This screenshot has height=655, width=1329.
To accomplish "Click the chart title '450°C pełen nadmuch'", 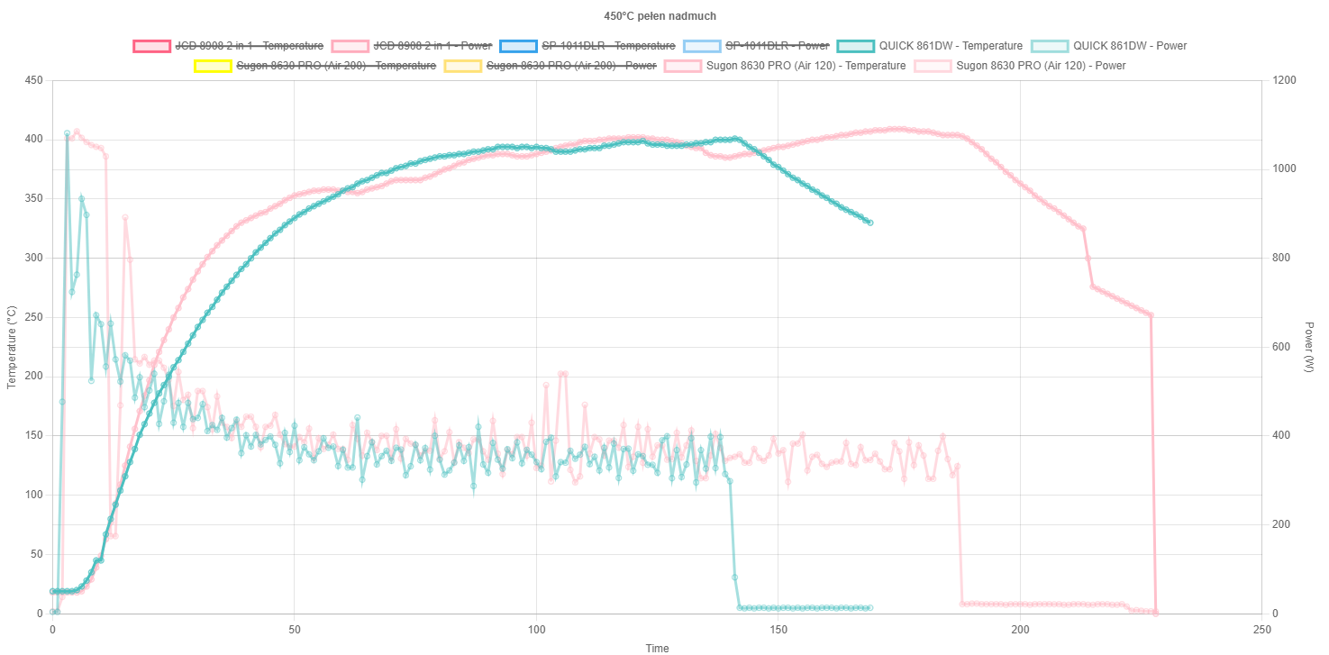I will coord(661,16).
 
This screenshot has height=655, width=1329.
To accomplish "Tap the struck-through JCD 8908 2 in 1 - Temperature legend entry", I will coord(247,46).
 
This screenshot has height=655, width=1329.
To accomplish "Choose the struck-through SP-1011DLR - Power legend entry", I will coord(776,46).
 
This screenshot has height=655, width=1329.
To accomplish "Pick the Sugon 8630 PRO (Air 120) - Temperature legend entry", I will coord(806,66).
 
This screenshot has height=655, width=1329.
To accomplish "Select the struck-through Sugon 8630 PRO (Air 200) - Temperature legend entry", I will coord(335,66).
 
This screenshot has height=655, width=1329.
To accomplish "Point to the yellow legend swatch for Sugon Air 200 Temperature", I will coord(212,66).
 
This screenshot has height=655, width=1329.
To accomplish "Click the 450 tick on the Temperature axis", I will coord(33,81).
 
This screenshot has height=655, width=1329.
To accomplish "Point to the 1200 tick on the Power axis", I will coord(1284,81).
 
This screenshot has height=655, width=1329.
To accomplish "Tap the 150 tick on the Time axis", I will coord(778,629).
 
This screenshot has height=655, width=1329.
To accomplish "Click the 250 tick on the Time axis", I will coord(1262,629).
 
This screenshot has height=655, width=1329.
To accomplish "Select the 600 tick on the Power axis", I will coord(1280,347).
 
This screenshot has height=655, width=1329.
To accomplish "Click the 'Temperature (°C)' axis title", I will coord(12,347).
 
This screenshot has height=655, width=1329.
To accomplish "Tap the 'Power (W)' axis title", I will coord(1309,347).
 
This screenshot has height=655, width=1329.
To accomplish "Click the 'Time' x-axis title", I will coord(657,648).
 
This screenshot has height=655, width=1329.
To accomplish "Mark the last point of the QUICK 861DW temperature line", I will coord(869,223).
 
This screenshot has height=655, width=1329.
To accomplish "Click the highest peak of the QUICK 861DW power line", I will coord(67,133).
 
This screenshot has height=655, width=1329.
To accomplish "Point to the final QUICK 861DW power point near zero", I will coord(869,608).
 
